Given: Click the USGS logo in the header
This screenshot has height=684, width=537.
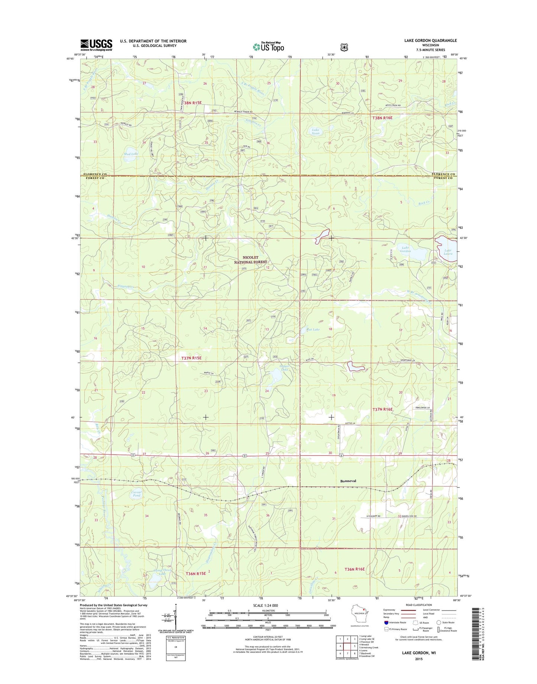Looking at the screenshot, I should click(96, 45).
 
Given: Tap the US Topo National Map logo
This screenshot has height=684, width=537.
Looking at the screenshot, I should click(268, 46).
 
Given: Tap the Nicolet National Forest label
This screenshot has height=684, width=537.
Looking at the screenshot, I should click(250, 260).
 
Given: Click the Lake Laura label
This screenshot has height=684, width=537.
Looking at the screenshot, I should click(448, 252).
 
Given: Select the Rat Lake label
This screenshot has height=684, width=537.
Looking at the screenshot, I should click(313, 329).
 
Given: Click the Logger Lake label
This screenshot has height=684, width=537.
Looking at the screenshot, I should click(284, 368).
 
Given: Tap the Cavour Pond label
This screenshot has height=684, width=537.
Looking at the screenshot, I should click(136, 494).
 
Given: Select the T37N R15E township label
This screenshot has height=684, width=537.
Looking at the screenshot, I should click(191, 358).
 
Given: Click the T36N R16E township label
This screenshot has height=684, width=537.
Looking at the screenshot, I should click(355, 569).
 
